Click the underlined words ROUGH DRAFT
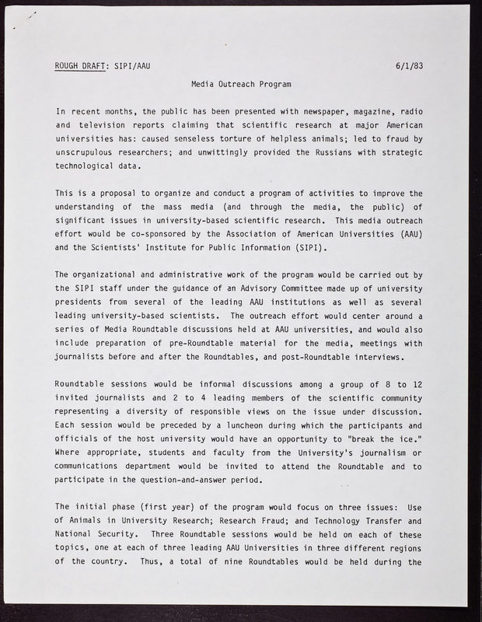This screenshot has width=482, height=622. tap(79, 65)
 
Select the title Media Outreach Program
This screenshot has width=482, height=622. tap(241, 83)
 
